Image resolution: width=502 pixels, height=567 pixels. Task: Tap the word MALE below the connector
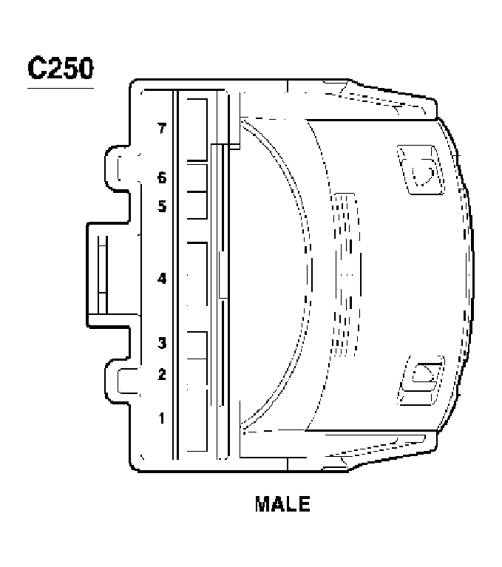click(x=282, y=504)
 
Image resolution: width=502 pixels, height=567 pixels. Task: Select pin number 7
click(x=162, y=129)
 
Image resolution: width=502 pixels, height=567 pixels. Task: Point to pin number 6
click(x=162, y=178)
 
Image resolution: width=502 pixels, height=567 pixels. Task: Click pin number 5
click(x=162, y=207)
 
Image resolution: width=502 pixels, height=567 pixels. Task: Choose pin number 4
click(x=162, y=279)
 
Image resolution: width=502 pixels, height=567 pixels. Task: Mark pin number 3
click(x=162, y=343)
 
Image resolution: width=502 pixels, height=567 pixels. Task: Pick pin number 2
click(x=162, y=374)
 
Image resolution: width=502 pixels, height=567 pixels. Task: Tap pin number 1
click(x=162, y=418)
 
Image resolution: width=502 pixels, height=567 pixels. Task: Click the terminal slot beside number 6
click(x=196, y=177)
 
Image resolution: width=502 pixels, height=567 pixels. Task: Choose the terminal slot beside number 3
click(x=196, y=344)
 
